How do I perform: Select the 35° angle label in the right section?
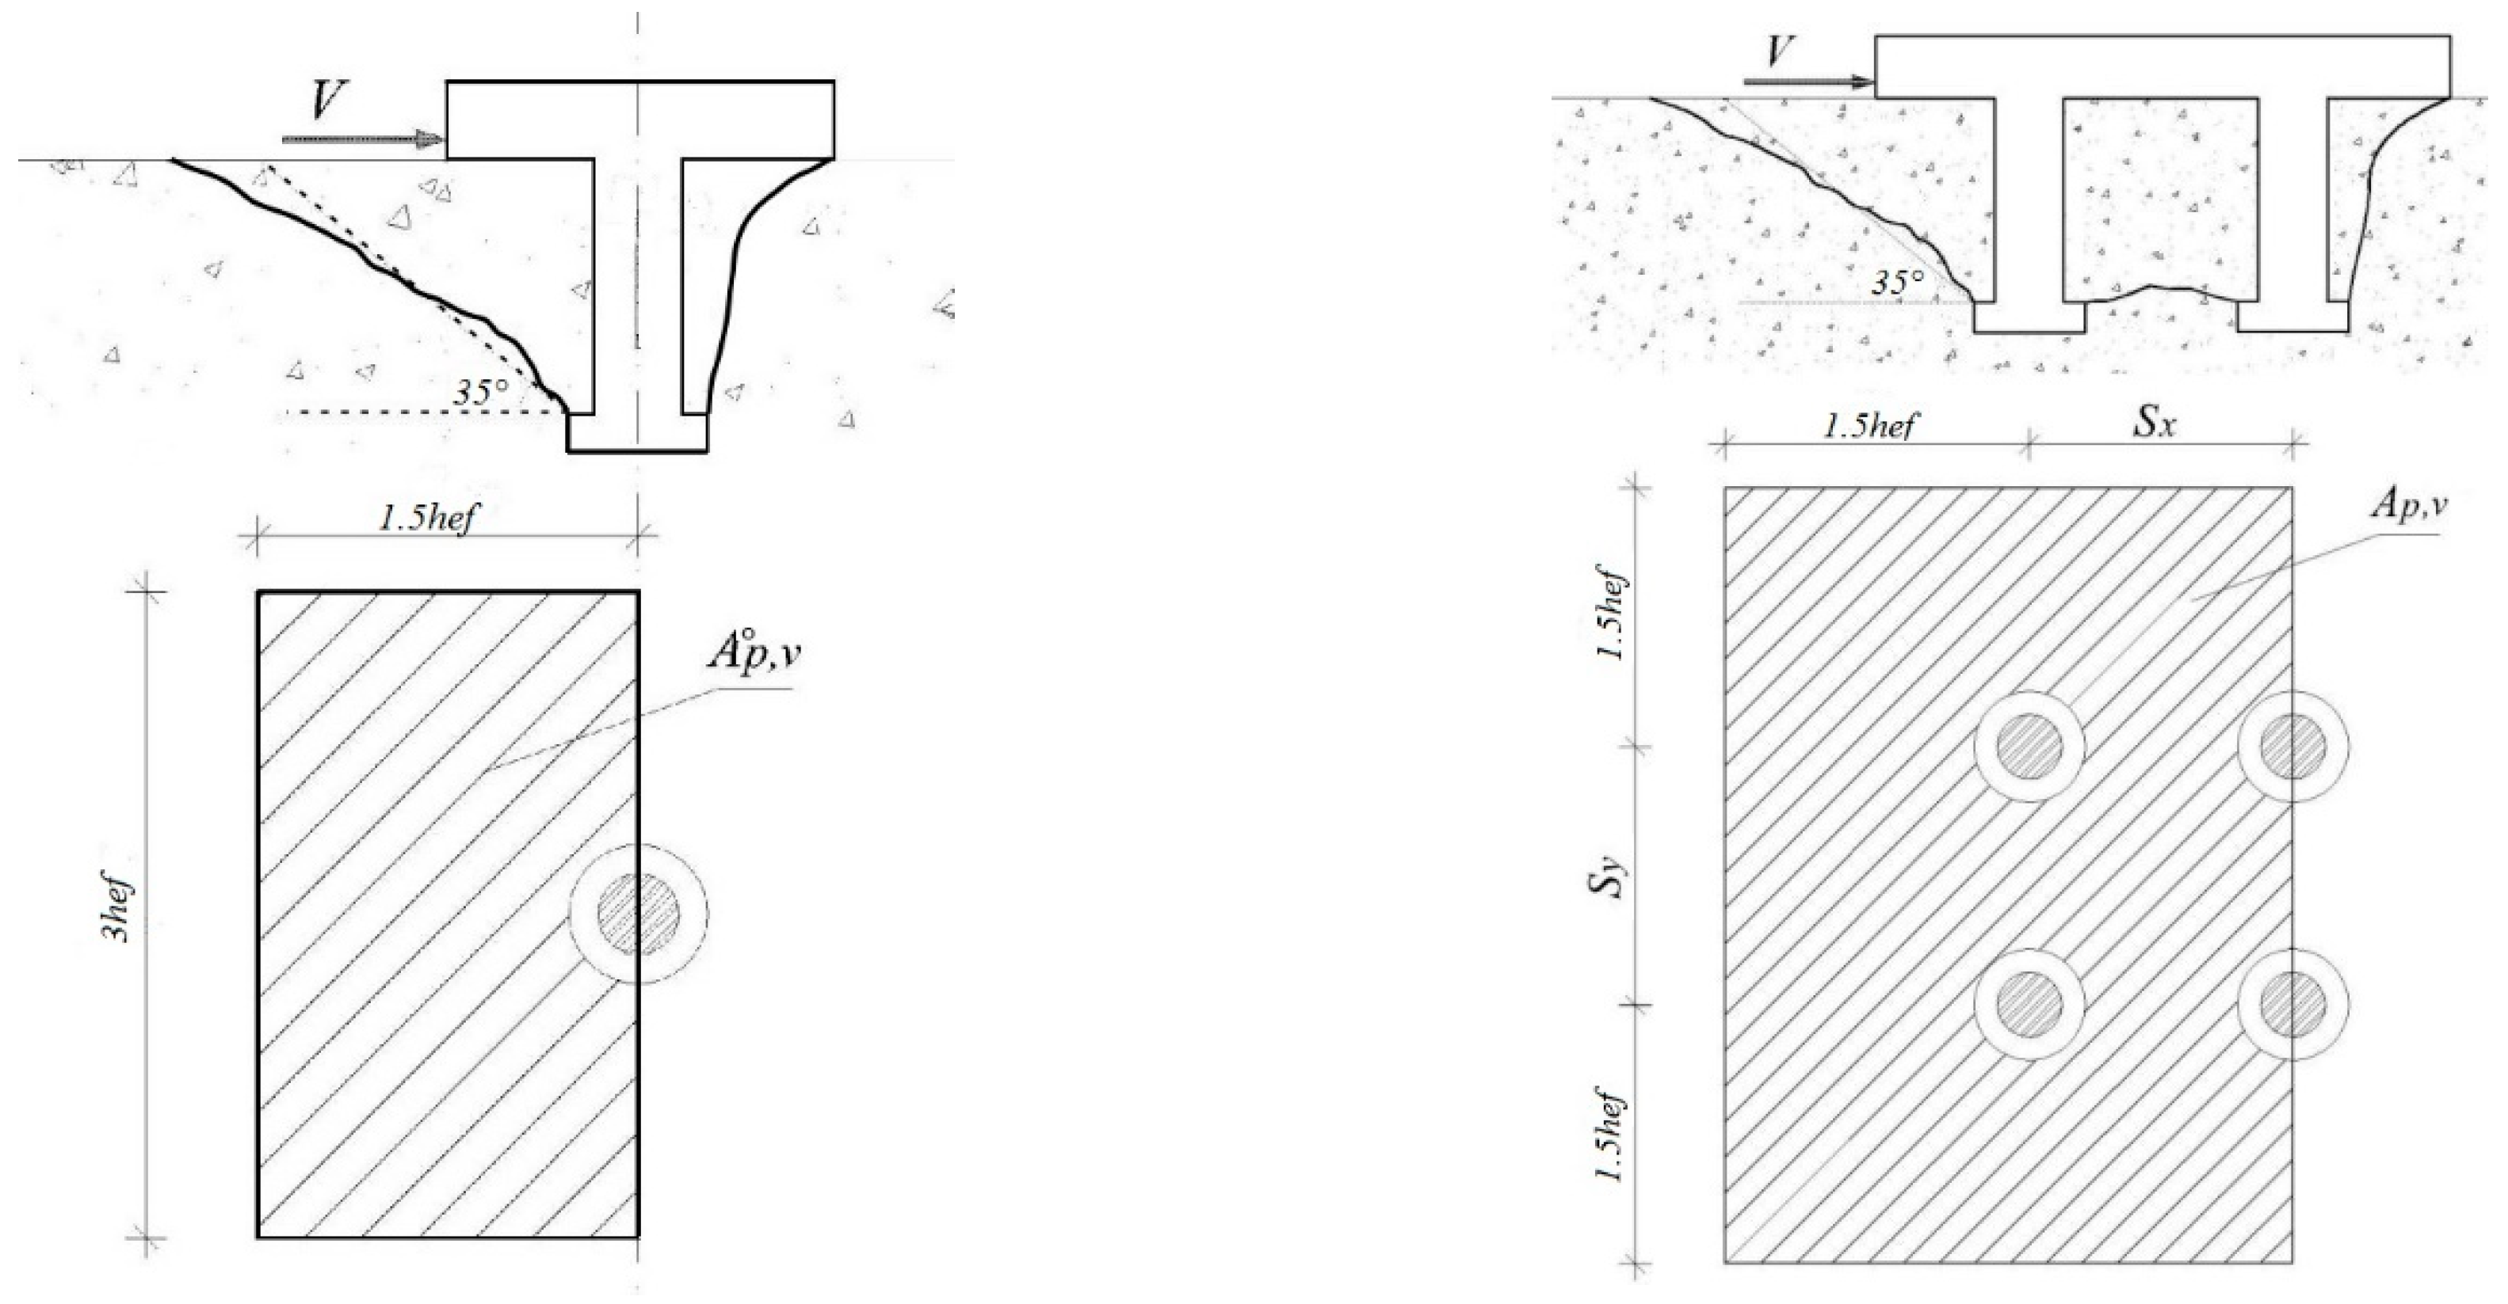pos(1899,283)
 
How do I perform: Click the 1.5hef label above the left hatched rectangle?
pos(429,519)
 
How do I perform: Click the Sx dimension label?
pos(2154,424)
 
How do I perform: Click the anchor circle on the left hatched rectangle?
pos(638,914)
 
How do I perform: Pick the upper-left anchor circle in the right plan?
pos(2029,747)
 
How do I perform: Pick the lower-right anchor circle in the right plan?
pos(2292,1003)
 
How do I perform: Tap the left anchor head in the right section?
pos(2029,317)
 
